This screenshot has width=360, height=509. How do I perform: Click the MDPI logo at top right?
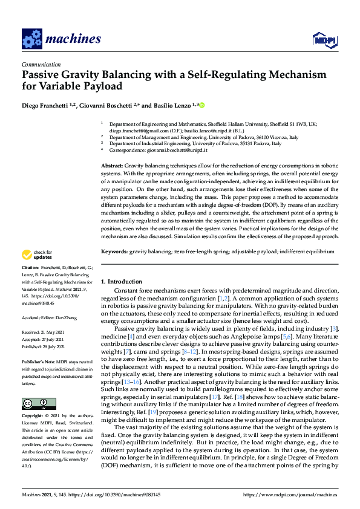pyautogui.click(x=324, y=40)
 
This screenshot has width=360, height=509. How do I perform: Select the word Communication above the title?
pyautogui.click(x=41, y=64)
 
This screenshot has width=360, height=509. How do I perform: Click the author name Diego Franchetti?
pyautogui.click(x=45, y=105)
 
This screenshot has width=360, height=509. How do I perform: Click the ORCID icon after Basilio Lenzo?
pyautogui.click(x=202, y=105)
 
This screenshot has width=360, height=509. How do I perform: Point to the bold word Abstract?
pyautogui.click(x=111, y=165)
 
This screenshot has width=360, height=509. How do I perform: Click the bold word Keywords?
pyautogui.click(x=114, y=250)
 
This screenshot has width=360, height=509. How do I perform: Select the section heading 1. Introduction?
pyautogui.click(x=121, y=282)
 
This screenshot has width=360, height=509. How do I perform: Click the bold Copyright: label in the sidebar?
pyautogui.click(x=33, y=400)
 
